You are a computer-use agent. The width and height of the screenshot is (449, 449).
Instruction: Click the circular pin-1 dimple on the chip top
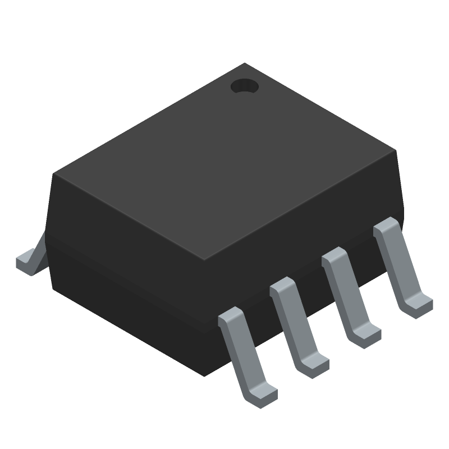[x=244, y=86]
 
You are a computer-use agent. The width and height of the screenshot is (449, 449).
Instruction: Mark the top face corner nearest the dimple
[x=245, y=64]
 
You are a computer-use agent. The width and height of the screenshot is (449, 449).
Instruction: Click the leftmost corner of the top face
[x=54, y=174]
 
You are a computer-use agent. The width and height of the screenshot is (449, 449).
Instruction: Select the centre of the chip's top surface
[x=224, y=163]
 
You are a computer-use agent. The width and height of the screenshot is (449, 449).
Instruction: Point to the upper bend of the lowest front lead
[x=231, y=317]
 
